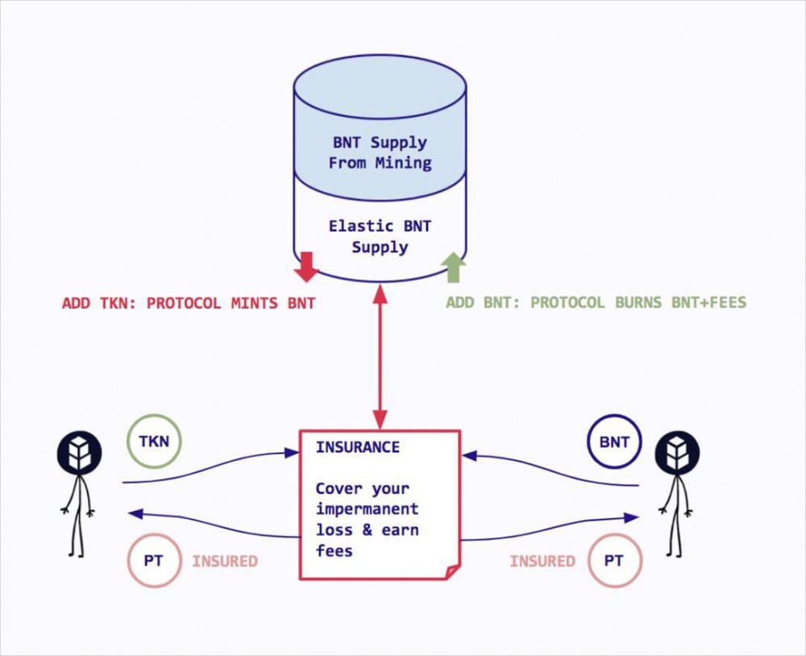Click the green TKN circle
click(154, 442)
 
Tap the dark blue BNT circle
click(614, 442)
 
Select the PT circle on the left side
click(154, 561)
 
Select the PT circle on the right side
click(614, 561)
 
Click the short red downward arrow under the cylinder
click(307, 267)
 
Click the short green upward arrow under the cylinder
click(455, 267)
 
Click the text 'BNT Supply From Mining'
click(380, 152)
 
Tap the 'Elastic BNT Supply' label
click(380, 236)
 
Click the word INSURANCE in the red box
click(357, 447)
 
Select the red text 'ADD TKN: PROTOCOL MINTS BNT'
click(189, 304)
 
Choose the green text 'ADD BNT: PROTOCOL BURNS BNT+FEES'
click(596, 303)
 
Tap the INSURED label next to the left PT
click(225, 561)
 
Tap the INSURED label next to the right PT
click(542, 561)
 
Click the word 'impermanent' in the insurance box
click(367, 509)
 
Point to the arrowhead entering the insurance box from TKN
click(293, 454)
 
